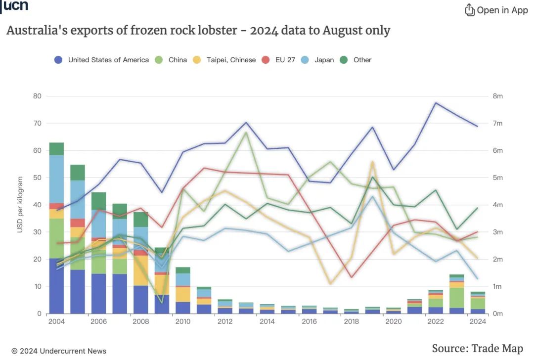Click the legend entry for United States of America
click(x=101, y=60)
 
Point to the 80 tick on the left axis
click(x=38, y=96)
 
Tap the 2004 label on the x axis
click(x=56, y=321)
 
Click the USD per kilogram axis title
click(x=20, y=204)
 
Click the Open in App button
click(x=496, y=10)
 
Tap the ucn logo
click(x=15, y=6)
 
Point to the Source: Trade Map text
click(x=477, y=348)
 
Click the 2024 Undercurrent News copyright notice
click(x=59, y=351)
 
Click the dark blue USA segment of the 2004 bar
click(x=56, y=286)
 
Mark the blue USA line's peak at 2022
click(x=436, y=103)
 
